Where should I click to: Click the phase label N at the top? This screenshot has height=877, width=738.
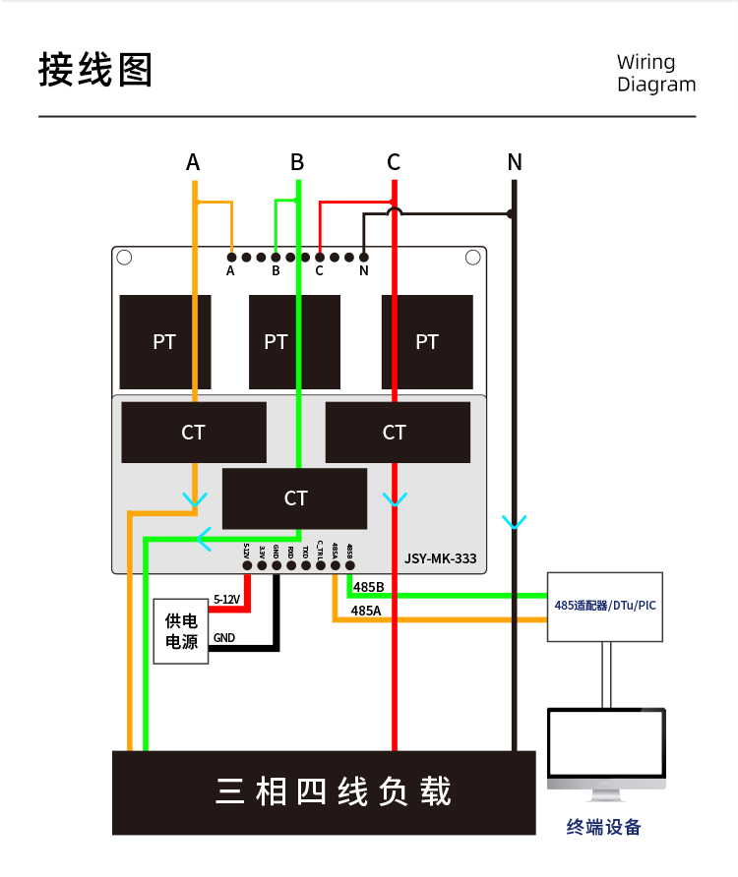coord(514,162)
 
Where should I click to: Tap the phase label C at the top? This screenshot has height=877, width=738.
coord(394,162)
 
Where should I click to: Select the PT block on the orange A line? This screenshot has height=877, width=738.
coord(164,341)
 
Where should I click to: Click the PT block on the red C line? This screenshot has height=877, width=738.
coord(426,341)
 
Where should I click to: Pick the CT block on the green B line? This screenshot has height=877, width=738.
coord(294,498)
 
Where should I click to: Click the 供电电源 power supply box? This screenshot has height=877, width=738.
coord(181,631)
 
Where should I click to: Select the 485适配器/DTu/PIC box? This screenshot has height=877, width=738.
coord(603,606)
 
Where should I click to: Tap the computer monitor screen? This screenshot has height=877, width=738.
coord(606,743)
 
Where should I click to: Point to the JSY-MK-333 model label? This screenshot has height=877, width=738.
coord(440,558)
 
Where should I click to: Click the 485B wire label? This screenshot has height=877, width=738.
coord(368,587)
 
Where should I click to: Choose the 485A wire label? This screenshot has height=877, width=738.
coord(366,610)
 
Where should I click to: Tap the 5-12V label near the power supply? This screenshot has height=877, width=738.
coord(227,599)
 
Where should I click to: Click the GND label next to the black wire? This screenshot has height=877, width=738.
coord(224,638)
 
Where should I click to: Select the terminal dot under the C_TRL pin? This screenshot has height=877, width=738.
coord(321,565)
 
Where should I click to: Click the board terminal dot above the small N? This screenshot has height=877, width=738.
coord(364,258)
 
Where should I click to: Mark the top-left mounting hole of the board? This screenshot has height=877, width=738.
coord(124,259)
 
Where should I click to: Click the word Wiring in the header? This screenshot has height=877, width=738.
coord(646,63)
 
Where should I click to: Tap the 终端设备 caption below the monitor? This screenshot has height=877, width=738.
coord(603,827)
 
